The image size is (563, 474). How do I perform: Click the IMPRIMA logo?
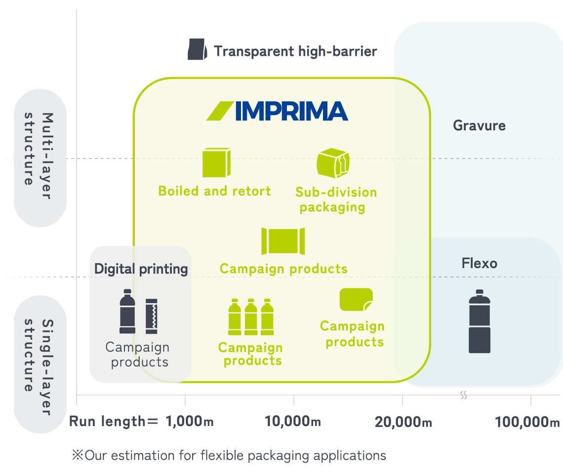(x=277, y=111)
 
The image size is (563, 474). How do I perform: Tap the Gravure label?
(x=479, y=125)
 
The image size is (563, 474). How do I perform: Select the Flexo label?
(x=479, y=263)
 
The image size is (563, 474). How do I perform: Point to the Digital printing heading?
(x=141, y=269)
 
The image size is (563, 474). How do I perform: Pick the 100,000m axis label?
(x=527, y=422)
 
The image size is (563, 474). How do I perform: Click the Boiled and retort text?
(x=214, y=191)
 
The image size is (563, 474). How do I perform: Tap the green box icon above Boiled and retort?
(x=216, y=162)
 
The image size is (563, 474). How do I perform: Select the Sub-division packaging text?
(x=336, y=199)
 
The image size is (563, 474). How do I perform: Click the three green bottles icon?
(x=251, y=316)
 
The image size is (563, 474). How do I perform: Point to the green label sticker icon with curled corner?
(x=356, y=299)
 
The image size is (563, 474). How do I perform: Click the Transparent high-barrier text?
(x=295, y=51)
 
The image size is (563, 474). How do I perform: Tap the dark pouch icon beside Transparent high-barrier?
(x=197, y=49)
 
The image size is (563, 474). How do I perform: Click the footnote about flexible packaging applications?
(x=229, y=455)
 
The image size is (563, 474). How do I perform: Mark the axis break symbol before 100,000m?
(x=464, y=395)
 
